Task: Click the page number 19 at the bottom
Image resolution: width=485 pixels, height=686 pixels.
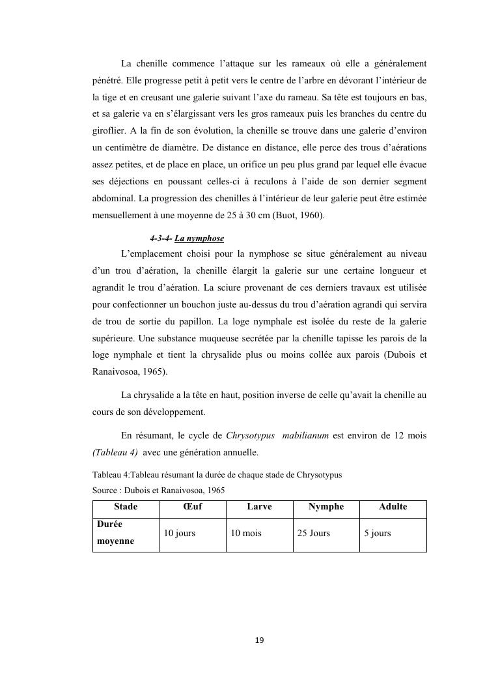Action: tap(259, 640)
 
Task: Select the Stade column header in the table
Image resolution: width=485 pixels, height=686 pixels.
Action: tap(126, 507)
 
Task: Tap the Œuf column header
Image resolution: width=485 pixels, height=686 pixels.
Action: tap(192, 507)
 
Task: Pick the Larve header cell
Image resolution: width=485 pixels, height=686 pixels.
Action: tap(259, 507)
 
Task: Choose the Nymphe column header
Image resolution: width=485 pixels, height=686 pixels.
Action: tap(326, 507)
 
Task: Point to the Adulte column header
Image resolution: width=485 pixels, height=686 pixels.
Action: tap(393, 507)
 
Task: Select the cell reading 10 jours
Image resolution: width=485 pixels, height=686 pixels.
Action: tap(179, 533)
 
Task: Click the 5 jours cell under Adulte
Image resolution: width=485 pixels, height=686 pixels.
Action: tap(377, 533)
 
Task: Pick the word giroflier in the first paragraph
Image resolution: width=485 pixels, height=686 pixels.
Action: tap(109, 132)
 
